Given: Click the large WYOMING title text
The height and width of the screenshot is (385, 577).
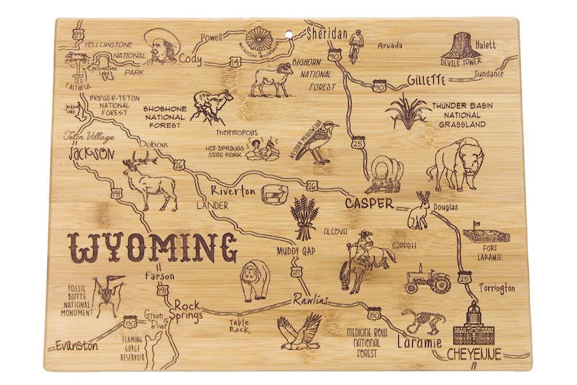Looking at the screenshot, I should tap(153, 248).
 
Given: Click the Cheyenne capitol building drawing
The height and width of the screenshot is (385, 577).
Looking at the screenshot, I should tap(473, 325).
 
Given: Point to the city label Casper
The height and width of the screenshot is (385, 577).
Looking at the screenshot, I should tap(368, 203).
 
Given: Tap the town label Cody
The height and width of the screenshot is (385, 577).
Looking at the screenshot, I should tap(190, 58).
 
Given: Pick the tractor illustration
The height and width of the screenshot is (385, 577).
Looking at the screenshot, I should tap(428, 279).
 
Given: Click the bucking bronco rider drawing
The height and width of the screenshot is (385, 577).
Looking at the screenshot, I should tap(361, 261).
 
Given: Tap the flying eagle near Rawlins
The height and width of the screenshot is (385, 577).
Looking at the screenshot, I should tap(300, 331).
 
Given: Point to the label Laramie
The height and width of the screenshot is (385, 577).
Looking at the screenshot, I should tap(419, 341).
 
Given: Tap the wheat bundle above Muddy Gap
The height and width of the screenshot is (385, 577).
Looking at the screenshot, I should tap(304, 217).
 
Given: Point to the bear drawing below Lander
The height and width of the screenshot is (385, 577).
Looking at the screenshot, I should tap(255, 279).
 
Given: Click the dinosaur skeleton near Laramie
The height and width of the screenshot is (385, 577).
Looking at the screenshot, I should tap(423, 319).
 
